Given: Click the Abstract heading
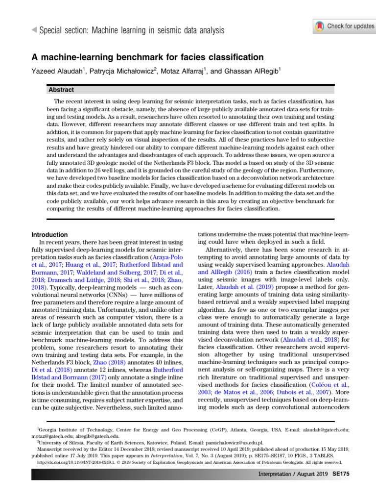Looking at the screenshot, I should click(x=61, y=90).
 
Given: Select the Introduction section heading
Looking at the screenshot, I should click(x=50, y=235).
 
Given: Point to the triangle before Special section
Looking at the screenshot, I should click(x=33, y=30).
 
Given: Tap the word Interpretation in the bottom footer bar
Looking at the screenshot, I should click(x=276, y=475).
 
